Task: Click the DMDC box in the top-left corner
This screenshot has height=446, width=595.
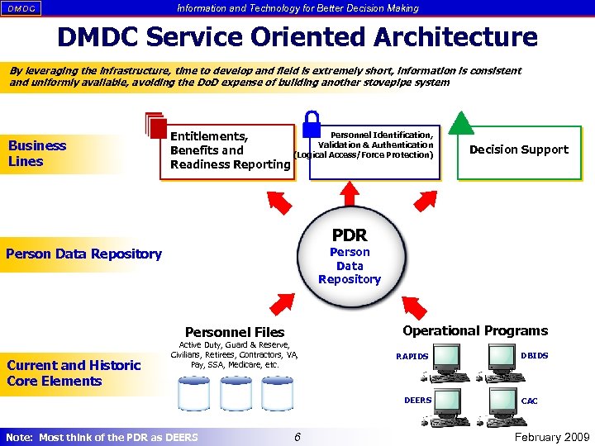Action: click(21, 8)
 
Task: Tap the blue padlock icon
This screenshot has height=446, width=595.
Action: click(312, 123)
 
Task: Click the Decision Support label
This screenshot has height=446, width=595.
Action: click(518, 149)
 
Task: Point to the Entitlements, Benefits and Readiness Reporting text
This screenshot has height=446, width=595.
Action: click(229, 150)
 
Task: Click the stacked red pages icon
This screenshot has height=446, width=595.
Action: click(155, 125)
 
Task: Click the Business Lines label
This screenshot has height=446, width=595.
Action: click(37, 154)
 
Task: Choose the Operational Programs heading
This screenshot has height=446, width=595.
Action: click(474, 330)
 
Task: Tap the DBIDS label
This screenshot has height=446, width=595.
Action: click(534, 356)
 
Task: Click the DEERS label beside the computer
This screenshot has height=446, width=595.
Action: click(417, 400)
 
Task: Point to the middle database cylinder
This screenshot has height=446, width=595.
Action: click(236, 394)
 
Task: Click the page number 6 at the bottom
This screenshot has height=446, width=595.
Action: click(295, 436)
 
